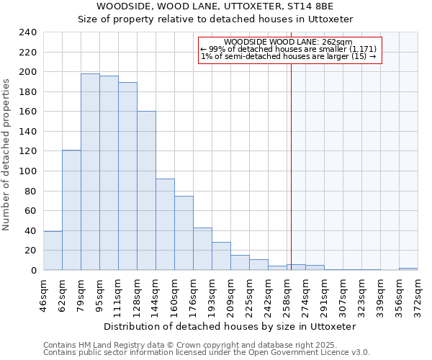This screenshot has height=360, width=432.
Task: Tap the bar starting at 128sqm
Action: (146, 190)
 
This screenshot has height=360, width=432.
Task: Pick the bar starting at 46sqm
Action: (53, 251)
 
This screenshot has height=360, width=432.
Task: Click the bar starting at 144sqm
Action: (165, 224)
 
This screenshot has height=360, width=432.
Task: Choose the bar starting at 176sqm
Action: (202, 248)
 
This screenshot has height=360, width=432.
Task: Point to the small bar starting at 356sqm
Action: (408, 269)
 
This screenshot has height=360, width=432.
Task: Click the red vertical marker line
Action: (291, 158)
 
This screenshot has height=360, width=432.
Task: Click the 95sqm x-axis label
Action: (99, 292)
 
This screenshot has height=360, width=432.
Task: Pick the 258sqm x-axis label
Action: (287, 292)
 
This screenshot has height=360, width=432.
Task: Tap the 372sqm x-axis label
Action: (418, 292)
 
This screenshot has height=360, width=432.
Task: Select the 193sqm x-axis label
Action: (212, 292)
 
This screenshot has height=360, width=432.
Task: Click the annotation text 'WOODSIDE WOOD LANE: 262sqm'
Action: (288, 42)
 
